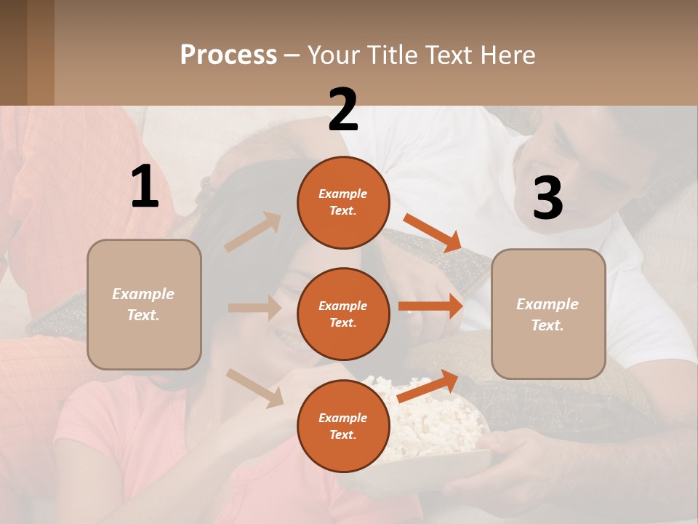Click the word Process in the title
tap(228, 55)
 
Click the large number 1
tap(145, 187)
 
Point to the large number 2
tap(343, 110)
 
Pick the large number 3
tap(547, 198)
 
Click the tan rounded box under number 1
tap(144, 304)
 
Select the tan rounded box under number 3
tap(548, 314)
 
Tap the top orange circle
tap(343, 202)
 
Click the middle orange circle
tap(343, 314)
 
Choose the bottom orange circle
tap(343, 426)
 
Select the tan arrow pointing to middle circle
tap(254, 308)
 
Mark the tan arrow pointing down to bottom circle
tap(254, 387)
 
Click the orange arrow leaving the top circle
tap(433, 233)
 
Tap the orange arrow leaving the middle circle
tap(430, 306)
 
